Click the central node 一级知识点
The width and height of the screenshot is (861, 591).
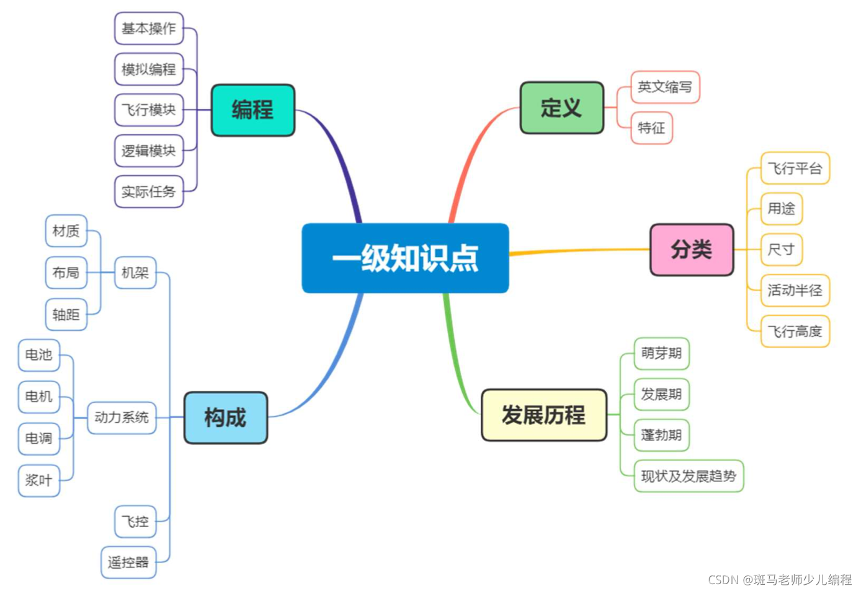(406, 258)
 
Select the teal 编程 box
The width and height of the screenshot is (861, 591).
(253, 110)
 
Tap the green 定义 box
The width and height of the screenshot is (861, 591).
(562, 108)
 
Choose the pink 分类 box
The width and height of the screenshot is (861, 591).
(692, 250)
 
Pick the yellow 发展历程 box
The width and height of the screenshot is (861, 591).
(544, 415)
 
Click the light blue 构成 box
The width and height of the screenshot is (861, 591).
(226, 418)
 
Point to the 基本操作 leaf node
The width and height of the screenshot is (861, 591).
(149, 28)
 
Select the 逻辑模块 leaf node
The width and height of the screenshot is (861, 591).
(149, 151)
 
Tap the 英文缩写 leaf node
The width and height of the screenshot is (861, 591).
(665, 87)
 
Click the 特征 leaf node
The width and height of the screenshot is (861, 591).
(651, 128)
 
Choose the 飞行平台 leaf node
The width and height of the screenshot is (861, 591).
(795, 169)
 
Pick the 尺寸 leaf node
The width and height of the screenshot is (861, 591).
(782, 250)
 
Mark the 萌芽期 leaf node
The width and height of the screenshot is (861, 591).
(661, 354)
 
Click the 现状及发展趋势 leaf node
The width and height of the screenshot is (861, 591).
(689, 476)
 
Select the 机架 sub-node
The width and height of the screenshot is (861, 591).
(135, 273)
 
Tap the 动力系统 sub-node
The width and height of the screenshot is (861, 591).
(122, 418)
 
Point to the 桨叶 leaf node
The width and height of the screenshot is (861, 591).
(39, 481)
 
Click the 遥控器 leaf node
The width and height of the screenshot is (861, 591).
(128, 563)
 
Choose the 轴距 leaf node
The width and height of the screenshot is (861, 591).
(66, 315)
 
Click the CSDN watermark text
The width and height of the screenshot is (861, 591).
(780, 579)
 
